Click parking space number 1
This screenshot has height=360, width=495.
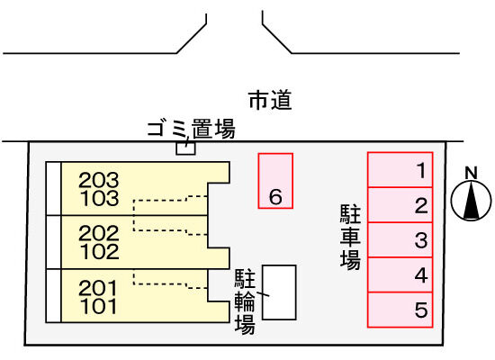(400, 169)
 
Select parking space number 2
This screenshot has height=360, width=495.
(400, 204)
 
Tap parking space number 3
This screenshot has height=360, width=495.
(400, 239)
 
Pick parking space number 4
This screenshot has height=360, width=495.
(400, 274)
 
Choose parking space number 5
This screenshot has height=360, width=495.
(400, 310)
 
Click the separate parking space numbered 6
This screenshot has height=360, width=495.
(275, 181)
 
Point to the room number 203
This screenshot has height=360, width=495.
(99, 180)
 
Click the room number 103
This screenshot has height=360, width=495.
(100, 198)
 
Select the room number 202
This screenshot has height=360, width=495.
(99, 234)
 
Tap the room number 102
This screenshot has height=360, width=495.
(100, 252)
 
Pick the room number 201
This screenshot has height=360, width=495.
(98, 288)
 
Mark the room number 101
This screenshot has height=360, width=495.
(98, 306)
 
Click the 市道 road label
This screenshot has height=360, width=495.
(270, 100)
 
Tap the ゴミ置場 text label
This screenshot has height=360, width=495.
(192, 129)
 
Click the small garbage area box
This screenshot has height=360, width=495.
(185, 148)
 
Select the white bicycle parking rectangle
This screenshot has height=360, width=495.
(279, 292)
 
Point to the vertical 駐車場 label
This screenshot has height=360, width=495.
(350, 237)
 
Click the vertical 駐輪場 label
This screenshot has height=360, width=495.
(245, 301)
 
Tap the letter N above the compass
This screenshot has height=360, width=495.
(471, 173)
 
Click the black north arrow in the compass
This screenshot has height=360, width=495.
(471, 202)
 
